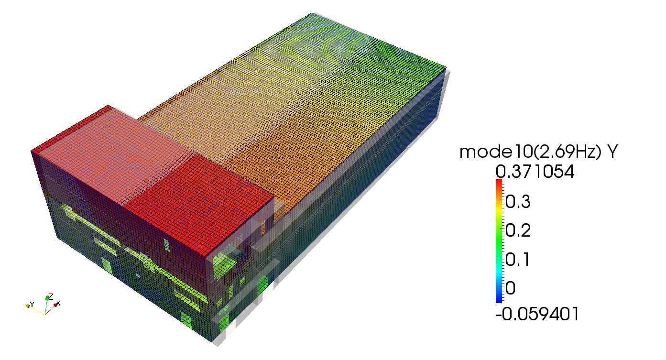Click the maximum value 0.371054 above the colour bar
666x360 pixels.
point(535,172)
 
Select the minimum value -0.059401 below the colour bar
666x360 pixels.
point(537,314)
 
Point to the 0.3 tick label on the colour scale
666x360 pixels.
point(518,202)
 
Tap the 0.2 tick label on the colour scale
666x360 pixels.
point(518,230)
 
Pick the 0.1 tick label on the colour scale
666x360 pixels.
point(517,259)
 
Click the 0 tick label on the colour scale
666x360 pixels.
point(510,288)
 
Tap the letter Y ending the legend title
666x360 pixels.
point(612,152)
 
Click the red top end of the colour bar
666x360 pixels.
point(499,181)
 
